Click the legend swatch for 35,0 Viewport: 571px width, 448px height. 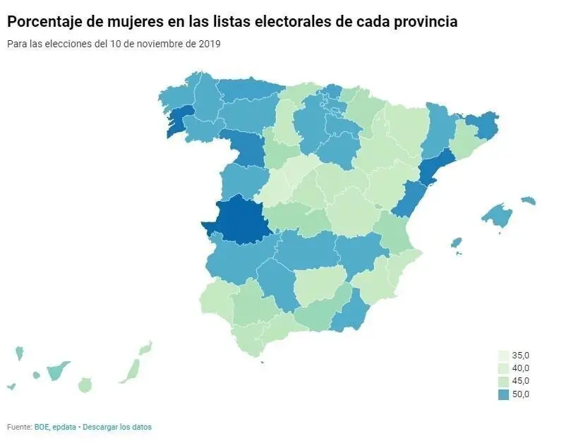point(503,356)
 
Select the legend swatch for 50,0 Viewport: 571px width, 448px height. point(503,394)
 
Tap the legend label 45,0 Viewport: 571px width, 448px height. point(521,382)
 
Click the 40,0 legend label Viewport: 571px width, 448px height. point(521,368)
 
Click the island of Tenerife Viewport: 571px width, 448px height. point(58,370)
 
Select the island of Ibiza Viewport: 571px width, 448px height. point(457,243)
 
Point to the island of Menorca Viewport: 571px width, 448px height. point(529,201)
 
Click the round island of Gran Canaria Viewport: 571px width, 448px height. point(85,385)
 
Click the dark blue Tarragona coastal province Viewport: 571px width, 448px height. point(437,169)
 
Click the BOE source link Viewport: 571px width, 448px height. point(42,427)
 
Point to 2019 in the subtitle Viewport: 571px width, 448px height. point(210,44)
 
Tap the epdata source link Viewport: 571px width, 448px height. point(64,427)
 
